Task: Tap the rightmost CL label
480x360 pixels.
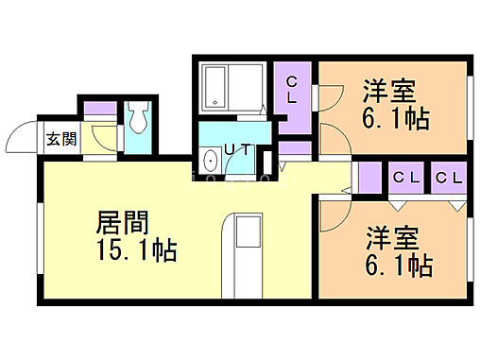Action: point(449,177)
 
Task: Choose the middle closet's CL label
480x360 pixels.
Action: point(407,177)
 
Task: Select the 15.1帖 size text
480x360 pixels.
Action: point(137,253)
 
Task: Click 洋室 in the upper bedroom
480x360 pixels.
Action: point(389,92)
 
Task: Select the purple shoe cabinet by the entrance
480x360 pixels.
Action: point(97,108)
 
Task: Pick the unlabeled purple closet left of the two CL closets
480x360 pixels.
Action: point(370,177)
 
